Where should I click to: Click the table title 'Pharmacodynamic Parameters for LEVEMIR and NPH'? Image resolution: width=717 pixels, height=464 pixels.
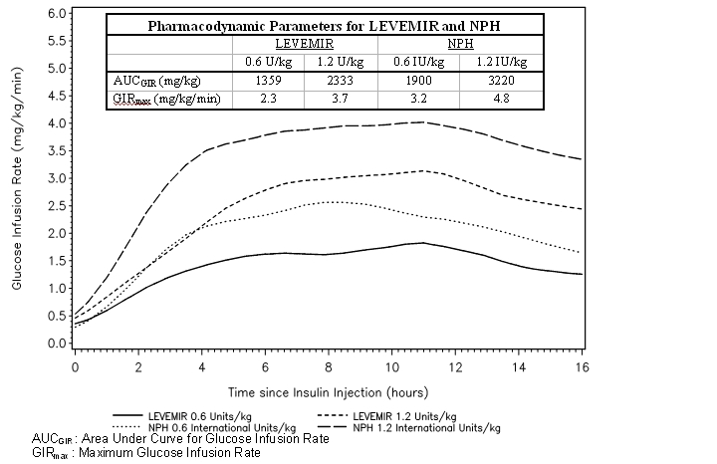point(325,28)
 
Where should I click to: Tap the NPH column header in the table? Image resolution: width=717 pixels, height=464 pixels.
point(460,46)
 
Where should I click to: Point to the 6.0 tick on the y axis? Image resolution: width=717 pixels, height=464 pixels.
point(56,14)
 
